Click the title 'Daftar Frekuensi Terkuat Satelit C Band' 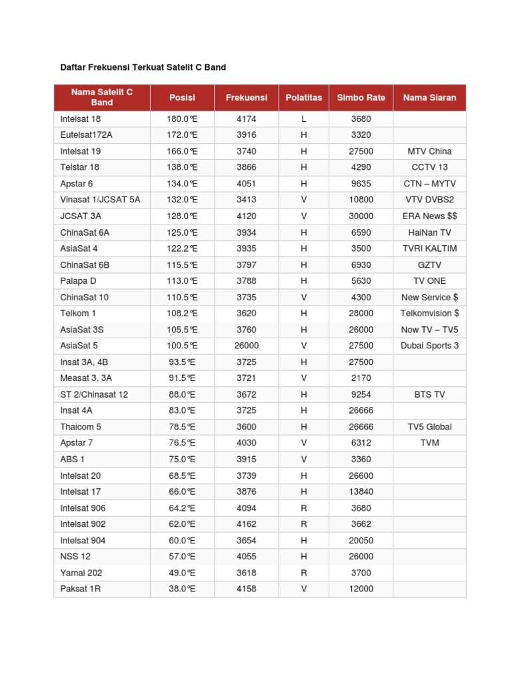(143, 67)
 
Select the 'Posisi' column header (182, 97)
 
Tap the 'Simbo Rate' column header (361, 97)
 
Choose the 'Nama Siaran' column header (429, 97)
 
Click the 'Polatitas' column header (303, 97)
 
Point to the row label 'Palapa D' (78, 281)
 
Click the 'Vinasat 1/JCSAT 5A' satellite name (100, 200)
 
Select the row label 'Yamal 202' (81, 573)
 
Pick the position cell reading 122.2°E (182, 248)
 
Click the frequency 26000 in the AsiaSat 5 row (246, 346)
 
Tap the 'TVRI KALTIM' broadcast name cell (429, 248)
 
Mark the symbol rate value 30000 (361, 216)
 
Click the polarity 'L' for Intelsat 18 (303, 119)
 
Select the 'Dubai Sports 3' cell (429, 346)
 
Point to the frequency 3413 (246, 200)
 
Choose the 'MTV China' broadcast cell (429, 151)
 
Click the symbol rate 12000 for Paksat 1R (361, 589)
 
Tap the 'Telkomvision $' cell (429, 313)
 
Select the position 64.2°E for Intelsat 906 (182, 508)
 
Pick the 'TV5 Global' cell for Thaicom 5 (429, 427)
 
